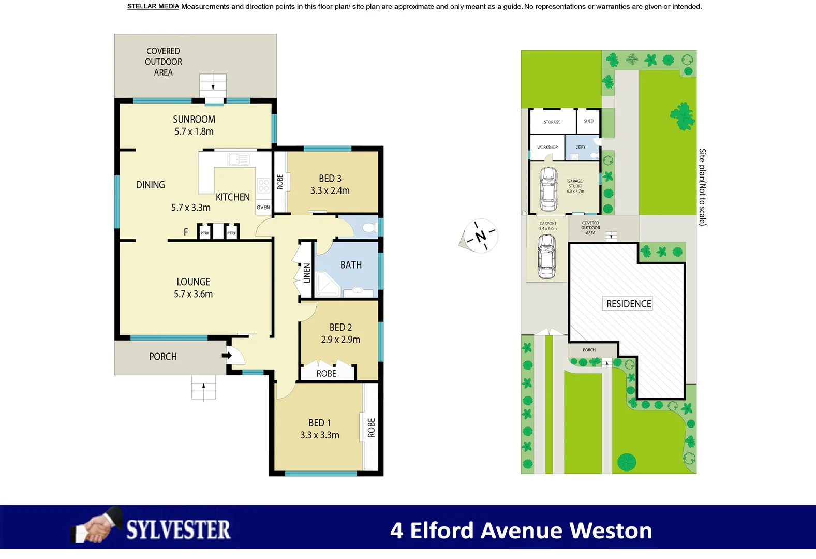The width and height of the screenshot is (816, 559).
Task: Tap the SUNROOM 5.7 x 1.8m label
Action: point(194,125)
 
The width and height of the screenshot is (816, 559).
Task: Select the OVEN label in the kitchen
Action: point(263,208)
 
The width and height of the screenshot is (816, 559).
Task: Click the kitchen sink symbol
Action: point(239,159)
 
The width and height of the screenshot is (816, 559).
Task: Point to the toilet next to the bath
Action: point(369,227)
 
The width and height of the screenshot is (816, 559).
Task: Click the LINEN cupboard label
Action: point(307,273)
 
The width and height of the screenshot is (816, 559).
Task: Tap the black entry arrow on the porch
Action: point(227,355)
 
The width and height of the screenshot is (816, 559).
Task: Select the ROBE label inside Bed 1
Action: point(371,428)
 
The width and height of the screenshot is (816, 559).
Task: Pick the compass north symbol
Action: point(480,236)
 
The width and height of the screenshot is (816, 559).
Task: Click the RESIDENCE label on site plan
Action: point(628,304)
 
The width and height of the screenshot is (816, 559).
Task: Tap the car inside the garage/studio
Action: point(548,188)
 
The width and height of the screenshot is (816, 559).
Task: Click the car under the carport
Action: point(546,256)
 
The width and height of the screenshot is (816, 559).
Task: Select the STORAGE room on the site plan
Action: point(552,122)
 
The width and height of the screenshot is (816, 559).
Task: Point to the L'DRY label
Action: point(581,147)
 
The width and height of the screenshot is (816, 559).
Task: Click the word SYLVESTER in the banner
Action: point(179,530)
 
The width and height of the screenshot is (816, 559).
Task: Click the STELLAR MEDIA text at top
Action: point(153,7)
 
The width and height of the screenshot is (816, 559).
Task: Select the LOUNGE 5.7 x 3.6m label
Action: point(193,288)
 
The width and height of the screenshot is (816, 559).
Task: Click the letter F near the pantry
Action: point(186,232)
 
